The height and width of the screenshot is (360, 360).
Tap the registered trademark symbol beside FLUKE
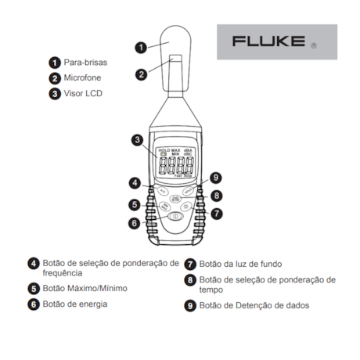point(314,45)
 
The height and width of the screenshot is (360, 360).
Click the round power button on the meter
point(175,216)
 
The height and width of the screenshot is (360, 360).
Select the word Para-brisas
point(85,61)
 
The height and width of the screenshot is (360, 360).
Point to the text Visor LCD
point(81,93)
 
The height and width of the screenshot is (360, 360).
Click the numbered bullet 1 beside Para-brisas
point(55,61)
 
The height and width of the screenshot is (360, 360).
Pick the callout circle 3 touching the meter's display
point(137,141)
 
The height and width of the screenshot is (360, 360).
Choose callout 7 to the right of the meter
point(216,213)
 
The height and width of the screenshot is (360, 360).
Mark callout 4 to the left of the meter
point(135,183)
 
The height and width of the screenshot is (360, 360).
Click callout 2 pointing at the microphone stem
point(142,75)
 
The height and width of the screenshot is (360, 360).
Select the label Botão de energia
point(74,304)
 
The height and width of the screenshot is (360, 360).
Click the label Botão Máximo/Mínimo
point(85,288)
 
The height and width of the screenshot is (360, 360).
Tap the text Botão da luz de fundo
point(240,264)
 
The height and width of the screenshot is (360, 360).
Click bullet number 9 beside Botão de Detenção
point(189,305)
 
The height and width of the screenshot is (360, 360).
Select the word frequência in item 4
point(62,273)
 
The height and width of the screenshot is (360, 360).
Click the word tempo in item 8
point(211,290)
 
